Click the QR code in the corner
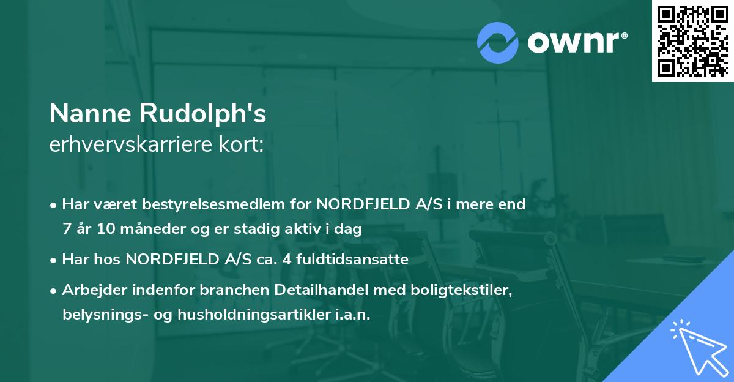tap(692, 41)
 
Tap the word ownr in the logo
tap(577, 42)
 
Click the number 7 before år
tap(66, 230)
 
